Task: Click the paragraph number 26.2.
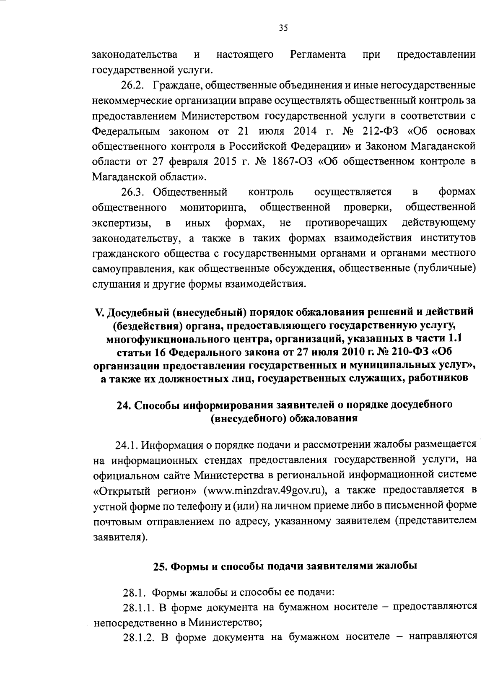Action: point(132,86)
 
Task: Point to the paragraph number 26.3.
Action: point(132,192)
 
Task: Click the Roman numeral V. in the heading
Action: point(99,312)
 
